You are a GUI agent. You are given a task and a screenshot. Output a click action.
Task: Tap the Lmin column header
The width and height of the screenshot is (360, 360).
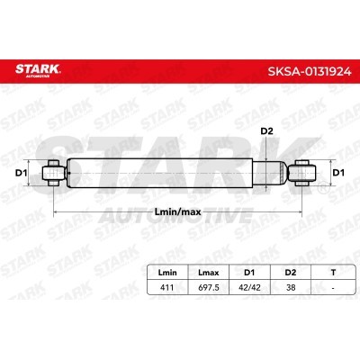pos(167,270)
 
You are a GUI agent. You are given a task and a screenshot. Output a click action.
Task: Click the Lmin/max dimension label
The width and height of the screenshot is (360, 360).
pos(179,211)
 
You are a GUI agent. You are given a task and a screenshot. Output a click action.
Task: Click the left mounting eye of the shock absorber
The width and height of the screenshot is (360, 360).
pos(53,172)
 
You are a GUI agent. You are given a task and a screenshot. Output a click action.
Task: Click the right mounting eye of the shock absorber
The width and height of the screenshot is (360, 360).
pos(302,172)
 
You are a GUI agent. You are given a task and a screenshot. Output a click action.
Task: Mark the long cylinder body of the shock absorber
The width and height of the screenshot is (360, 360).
pos(162,172)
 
